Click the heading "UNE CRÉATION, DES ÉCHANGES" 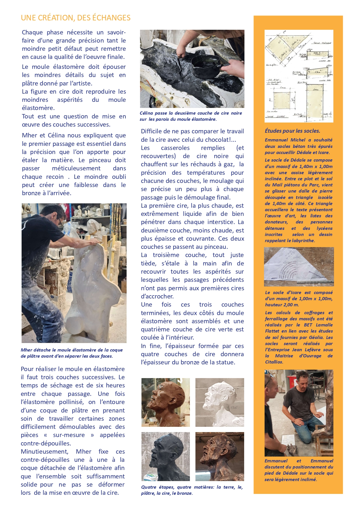pos(76,18)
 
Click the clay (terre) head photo pos(165,402)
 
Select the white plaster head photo pos(219,402)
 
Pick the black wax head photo pos(165,456)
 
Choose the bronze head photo pos(219,456)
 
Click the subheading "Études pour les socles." pos(292,131)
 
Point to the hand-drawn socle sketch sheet pos(299,76)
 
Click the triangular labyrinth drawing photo pos(299,267)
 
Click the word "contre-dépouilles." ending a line pos(46,443)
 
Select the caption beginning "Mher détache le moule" pos(71,353)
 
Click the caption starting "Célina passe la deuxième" pos(191,116)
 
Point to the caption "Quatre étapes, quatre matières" pos(192,490)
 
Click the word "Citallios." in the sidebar pos(274,362)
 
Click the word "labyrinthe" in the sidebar pos(303,241)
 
